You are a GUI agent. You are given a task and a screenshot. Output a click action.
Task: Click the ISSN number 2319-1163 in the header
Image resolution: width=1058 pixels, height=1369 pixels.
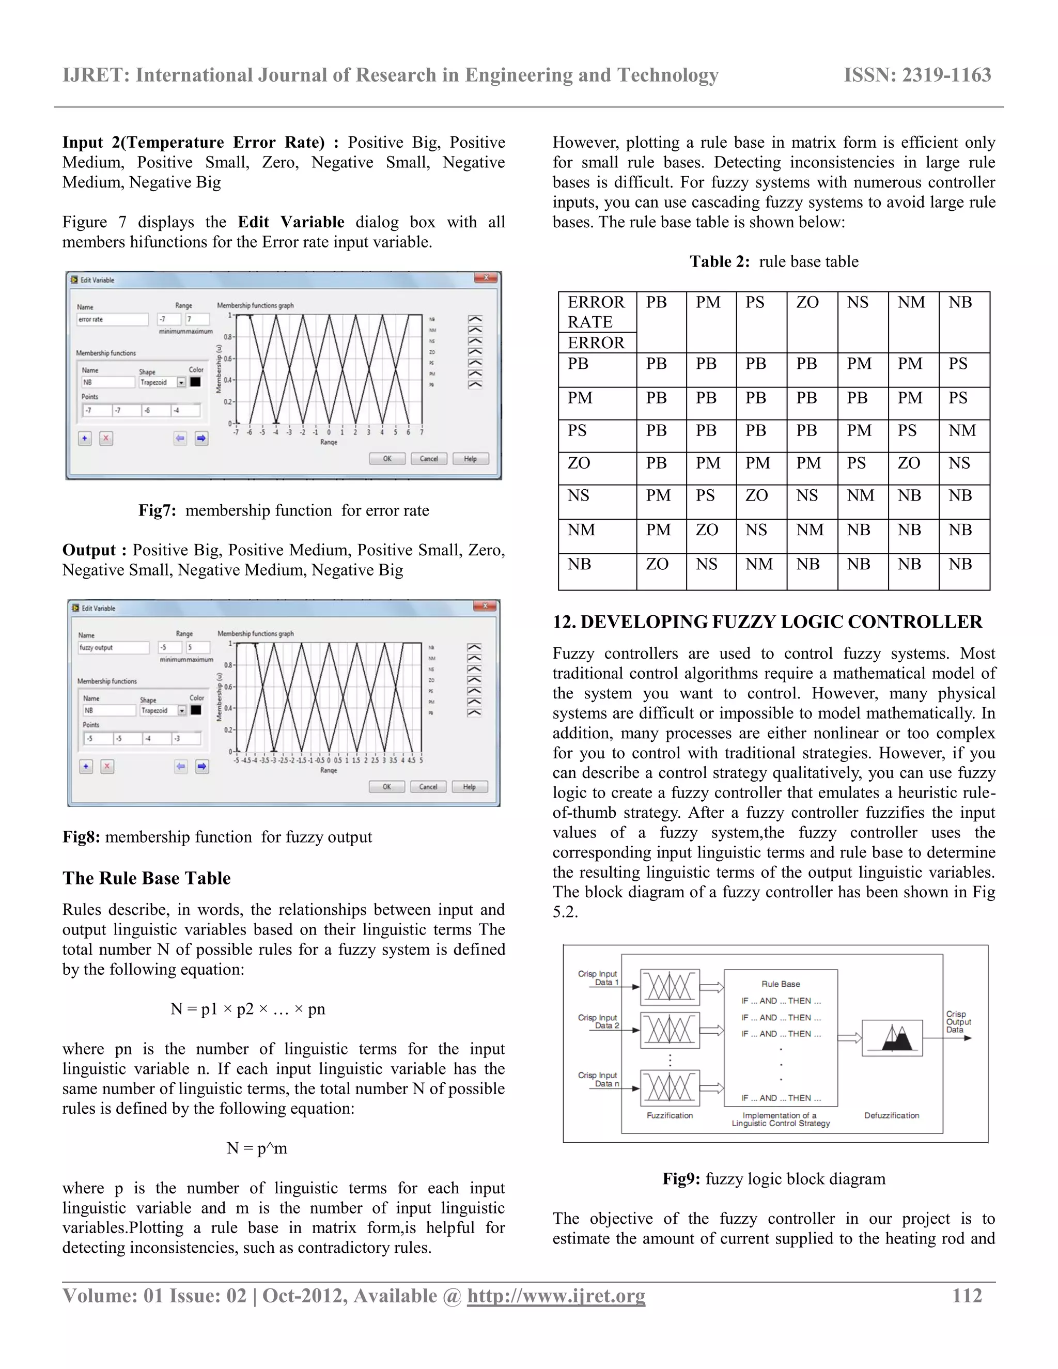coord(917,75)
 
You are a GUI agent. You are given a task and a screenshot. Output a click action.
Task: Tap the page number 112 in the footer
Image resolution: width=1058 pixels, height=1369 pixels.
coord(967,1295)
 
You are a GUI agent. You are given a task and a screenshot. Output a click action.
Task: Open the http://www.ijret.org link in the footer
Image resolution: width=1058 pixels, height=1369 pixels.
coord(556,1296)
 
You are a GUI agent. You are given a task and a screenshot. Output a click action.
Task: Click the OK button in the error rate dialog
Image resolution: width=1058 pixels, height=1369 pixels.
coord(387,459)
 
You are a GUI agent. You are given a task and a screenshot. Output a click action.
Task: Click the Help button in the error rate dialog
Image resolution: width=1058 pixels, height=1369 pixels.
coord(470,459)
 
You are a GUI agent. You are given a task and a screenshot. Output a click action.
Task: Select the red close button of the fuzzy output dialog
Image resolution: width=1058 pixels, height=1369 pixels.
coord(485,606)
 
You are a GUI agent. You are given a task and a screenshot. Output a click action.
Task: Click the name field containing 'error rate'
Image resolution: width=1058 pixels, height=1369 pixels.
coord(112,320)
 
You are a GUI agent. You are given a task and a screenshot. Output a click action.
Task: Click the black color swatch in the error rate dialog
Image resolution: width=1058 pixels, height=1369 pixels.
coord(196,382)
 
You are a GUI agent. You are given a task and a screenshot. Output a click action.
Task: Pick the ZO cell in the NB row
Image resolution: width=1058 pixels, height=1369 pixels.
coord(657,564)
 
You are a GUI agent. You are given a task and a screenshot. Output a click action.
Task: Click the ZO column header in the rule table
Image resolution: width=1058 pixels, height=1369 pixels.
coord(807,303)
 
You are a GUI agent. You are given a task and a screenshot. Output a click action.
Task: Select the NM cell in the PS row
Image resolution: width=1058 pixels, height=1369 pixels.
coord(961,431)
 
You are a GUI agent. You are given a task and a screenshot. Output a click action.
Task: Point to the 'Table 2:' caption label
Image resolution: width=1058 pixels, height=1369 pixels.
coord(720,261)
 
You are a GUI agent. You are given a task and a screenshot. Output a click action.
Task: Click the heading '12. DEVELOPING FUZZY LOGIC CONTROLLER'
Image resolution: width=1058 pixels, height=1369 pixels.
coord(767,622)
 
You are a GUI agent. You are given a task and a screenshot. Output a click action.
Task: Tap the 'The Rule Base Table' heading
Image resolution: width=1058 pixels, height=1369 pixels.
coord(147,878)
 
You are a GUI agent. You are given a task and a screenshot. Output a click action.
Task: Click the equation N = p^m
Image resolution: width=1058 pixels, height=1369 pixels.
coord(257,1148)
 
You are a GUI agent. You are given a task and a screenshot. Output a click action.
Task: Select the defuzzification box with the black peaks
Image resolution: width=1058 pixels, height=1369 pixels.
coord(891,1038)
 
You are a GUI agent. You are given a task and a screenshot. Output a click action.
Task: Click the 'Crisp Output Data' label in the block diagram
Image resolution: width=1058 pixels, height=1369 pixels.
coord(958,1022)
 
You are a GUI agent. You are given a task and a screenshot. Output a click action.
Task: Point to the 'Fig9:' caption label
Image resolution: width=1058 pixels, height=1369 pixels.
coord(681,1179)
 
